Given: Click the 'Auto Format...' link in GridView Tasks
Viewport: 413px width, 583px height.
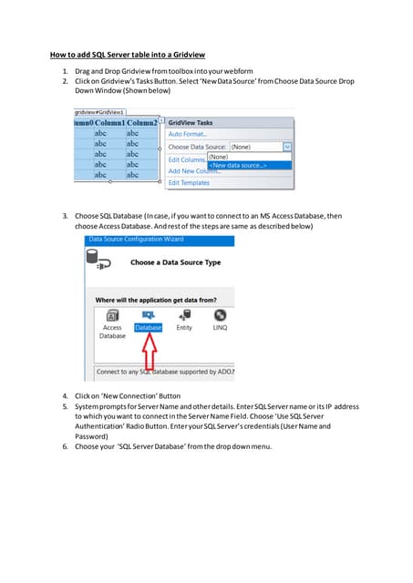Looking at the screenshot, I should point(189,134).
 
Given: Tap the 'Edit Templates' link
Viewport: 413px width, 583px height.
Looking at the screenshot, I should point(189,182).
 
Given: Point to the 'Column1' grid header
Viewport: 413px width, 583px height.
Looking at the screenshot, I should point(108,122).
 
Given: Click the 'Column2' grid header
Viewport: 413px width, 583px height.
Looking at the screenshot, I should point(141,122).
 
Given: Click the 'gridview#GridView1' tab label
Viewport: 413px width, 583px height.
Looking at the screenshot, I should point(99,111).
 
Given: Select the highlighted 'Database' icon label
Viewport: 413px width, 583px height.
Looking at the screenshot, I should point(148,327).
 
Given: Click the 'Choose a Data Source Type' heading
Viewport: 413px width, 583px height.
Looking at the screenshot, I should point(175,262).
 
